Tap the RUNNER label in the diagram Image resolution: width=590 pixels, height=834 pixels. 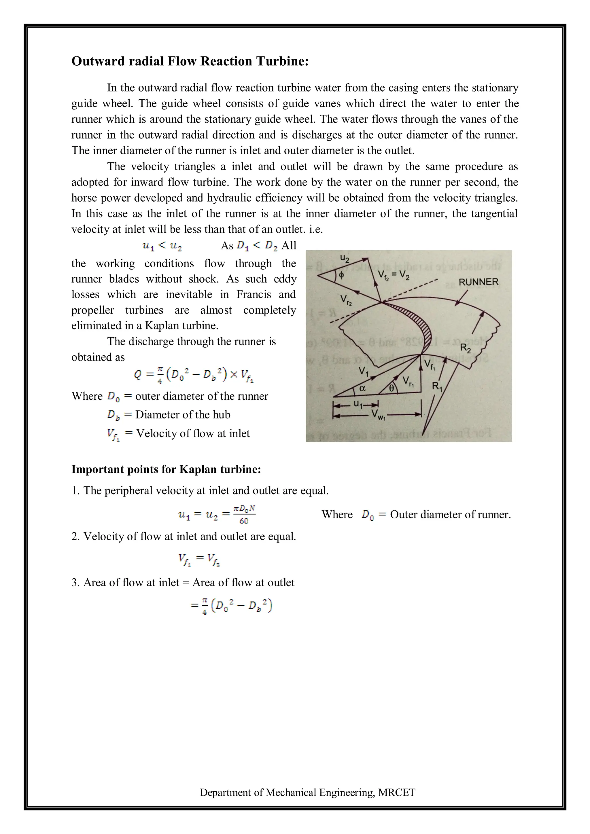click(478, 282)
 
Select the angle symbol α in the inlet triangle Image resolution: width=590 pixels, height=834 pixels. click(362, 388)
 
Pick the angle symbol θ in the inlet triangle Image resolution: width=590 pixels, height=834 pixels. click(391, 388)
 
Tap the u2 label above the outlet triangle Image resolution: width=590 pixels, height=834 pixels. click(345, 258)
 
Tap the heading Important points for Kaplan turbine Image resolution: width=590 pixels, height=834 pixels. click(166, 469)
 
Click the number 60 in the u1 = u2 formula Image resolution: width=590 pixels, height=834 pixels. click(244, 521)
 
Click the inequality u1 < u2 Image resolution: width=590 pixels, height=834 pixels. click(162, 246)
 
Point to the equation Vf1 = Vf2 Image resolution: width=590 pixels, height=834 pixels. click(199, 559)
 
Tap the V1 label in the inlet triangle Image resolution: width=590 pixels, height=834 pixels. click(363, 371)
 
